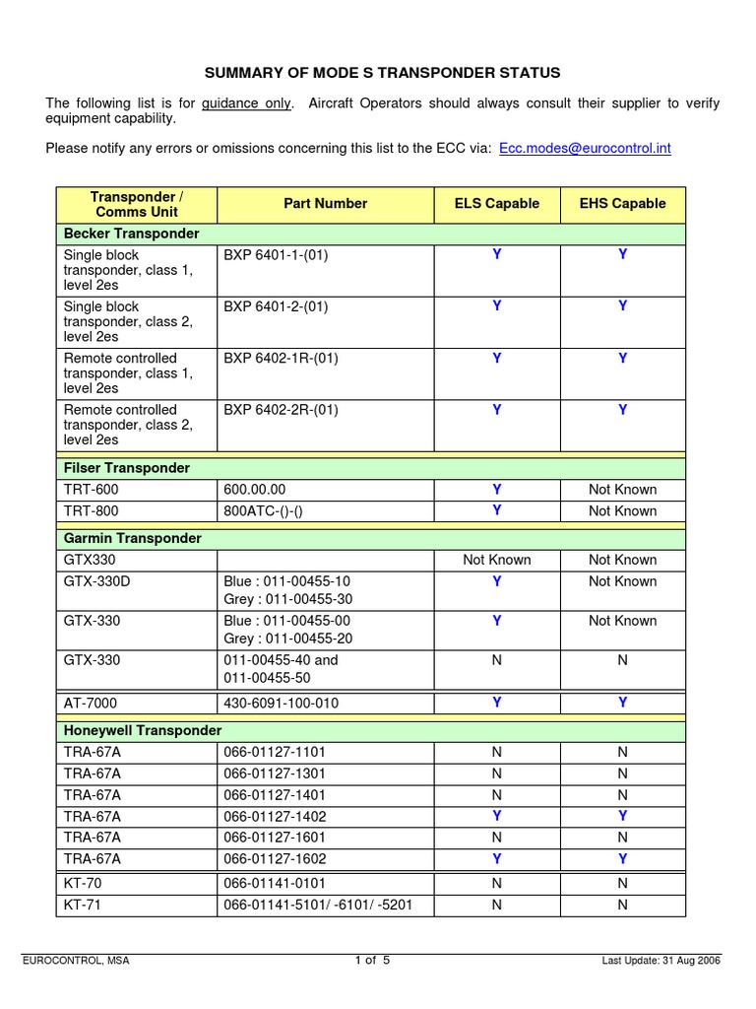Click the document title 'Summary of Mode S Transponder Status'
pos(382,73)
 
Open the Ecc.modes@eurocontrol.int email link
pos(585,148)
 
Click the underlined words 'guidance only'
pos(246,103)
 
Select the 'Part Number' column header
pos(325,204)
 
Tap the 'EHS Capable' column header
pos(622,204)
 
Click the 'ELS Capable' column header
pos(496,204)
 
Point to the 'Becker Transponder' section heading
pos(131,234)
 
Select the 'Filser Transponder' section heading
pos(127,467)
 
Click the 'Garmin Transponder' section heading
pos(132,538)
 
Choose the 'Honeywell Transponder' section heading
pos(143,730)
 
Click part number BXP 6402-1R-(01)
pos(281,358)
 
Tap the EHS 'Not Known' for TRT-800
pos(622,510)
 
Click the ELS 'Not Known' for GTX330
pos(496,560)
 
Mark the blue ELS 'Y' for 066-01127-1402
pos(497,816)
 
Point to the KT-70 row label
pos(82,883)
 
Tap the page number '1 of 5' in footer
pos(373,961)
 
